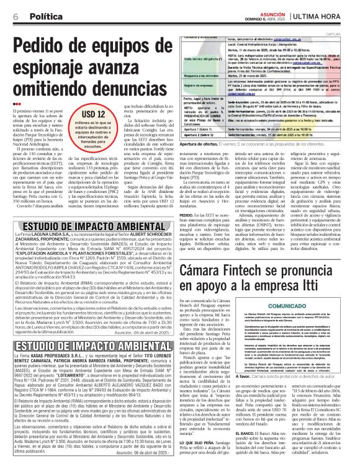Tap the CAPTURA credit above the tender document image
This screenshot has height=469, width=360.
click(348, 34)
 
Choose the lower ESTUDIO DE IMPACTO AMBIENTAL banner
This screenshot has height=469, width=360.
click(84, 346)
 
